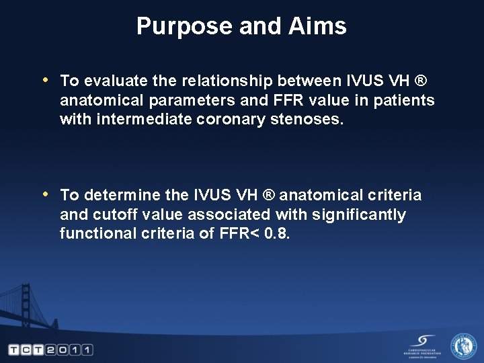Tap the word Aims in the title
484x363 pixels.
click(x=319, y=26)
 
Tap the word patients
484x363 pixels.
click(x=405, y=101)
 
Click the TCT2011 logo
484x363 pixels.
click(x=50, y=350)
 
